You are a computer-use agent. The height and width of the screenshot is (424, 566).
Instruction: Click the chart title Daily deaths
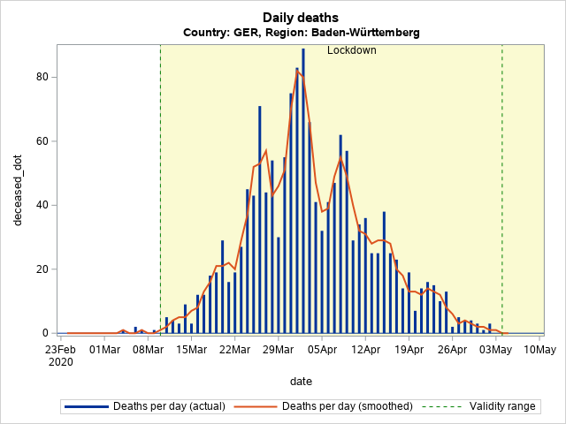click(x=301, y=17)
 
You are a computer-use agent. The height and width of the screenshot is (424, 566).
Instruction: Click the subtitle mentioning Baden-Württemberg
click(x=301, y=33)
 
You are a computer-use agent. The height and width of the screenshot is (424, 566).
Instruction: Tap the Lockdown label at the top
click(x=352, y=50)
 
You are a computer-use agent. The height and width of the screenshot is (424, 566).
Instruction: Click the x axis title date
click(x=301, y=381)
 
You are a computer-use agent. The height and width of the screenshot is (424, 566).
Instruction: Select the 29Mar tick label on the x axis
click(x=278, y=350)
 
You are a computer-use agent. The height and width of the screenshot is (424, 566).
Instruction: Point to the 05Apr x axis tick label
click(x=322, y=350)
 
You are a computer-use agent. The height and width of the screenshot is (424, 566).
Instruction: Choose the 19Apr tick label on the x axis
click(x=409, y=350)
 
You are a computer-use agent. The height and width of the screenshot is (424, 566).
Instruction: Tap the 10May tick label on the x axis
click(x=539, y=350)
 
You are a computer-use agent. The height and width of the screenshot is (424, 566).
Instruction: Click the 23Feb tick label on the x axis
click(x=61, y=350)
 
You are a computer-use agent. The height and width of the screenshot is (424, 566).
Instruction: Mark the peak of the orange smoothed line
click(x=297, y=70)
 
